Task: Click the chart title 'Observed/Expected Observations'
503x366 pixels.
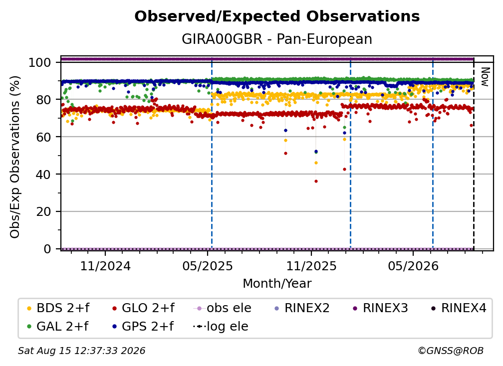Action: [277, 16]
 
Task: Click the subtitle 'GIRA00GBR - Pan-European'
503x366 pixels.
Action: [277, 39]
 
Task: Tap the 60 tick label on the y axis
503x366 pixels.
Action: [43, 137]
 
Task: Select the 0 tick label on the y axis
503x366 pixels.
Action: [47, 249]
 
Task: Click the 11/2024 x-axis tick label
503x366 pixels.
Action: [105, 266]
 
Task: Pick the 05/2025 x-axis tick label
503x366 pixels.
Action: [208, 266]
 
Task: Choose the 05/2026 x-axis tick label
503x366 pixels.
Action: [413, 266]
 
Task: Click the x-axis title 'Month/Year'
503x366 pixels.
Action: [277, 284]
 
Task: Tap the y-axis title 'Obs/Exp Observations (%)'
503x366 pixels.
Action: [15, 157]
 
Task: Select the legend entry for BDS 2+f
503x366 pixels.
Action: [58, 308]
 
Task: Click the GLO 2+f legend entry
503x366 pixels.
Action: [144, 308]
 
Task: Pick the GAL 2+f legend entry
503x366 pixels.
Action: [58, 326]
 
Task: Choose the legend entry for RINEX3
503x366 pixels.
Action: [380, 308]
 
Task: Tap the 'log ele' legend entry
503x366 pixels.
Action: [221, 326]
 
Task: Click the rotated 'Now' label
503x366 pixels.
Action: [485, 77]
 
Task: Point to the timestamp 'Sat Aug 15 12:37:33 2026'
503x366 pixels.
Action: [81, 351]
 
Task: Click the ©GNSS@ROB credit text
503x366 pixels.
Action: [451, 351]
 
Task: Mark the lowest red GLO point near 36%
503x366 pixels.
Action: [316, 182]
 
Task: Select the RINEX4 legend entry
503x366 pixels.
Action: [459, 308]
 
